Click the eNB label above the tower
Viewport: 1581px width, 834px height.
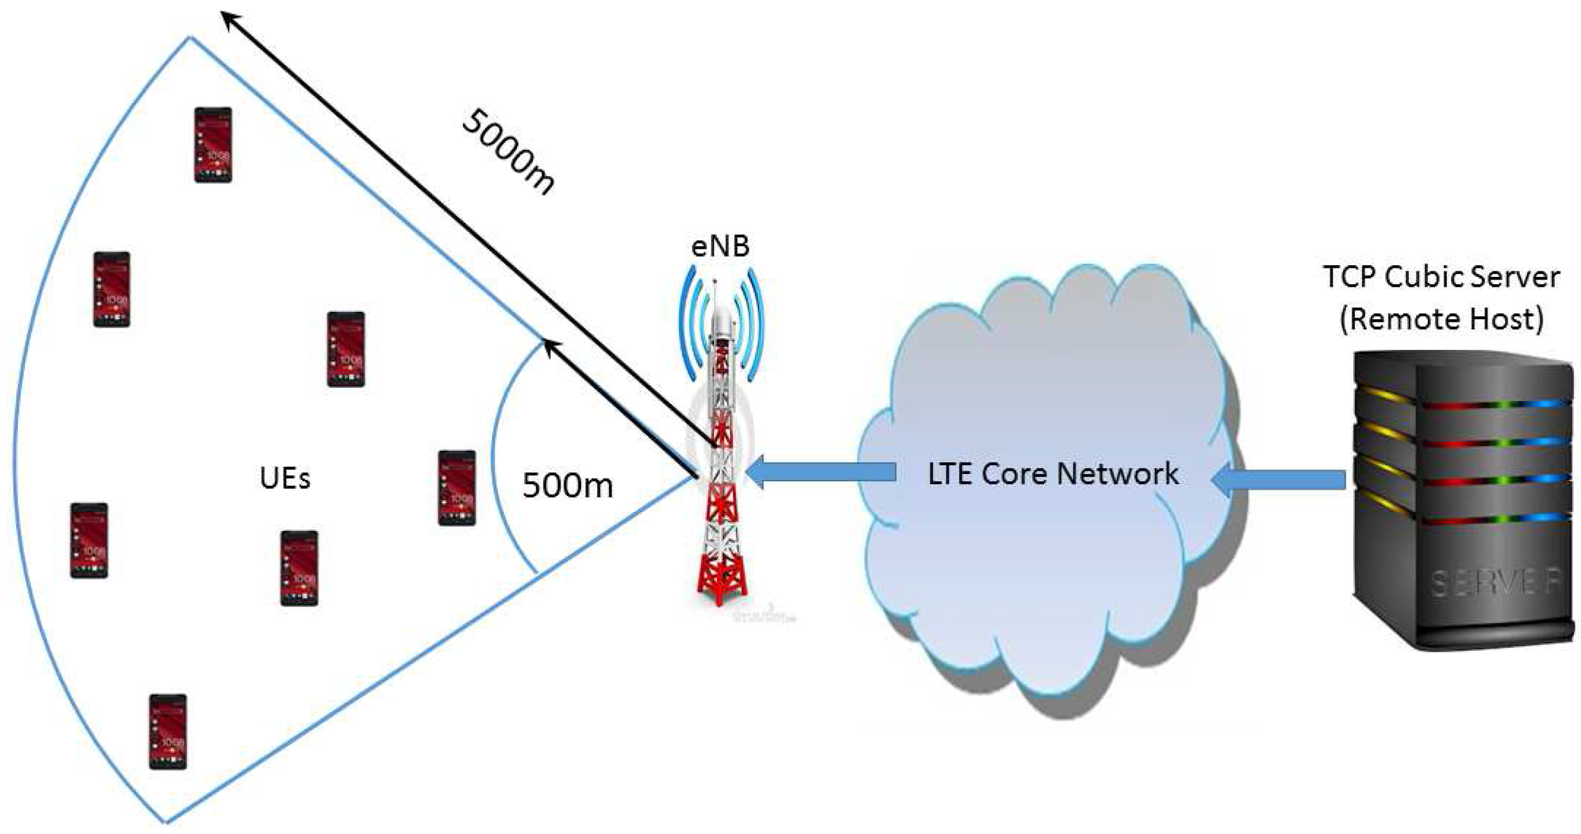point(720,247)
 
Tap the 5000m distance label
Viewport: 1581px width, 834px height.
point(508,151)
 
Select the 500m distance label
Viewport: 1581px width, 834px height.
point(568,486)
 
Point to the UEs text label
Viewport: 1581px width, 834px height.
point(285,479)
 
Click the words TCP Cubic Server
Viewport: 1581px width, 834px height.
point(1441,277)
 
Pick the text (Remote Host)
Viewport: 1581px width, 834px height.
point(1441,319)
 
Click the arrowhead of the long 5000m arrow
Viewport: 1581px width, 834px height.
point(230,19)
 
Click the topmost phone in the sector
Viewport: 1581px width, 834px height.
point(213,145)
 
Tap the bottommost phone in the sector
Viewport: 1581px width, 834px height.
point(168,731)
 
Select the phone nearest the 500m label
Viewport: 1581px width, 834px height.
point(457,488)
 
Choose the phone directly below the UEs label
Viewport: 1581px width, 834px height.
point(299,568)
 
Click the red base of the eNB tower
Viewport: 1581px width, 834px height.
point(723,577)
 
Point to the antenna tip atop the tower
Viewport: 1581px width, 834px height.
point(714,284)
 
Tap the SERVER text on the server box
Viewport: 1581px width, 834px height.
point(1495,582)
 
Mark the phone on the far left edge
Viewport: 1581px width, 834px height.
point(89,540)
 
